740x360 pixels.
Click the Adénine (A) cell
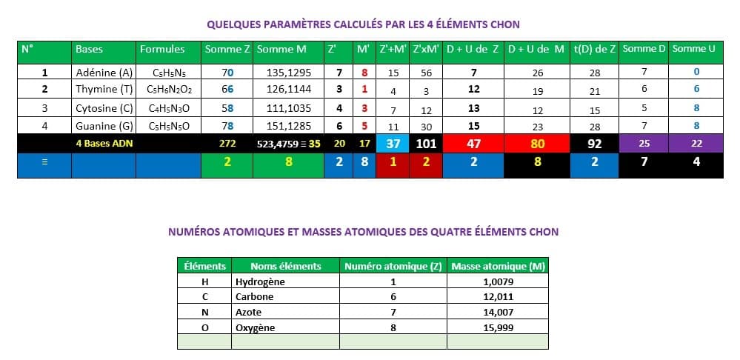pos(104,73)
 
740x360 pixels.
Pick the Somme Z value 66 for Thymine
pos(227,89)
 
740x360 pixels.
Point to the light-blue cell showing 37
pos(393,144)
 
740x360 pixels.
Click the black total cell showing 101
pos(426,144)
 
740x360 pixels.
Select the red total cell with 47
pos(474,144)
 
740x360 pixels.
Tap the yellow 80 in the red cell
pos(537,144)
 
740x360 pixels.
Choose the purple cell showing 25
pos(644,142)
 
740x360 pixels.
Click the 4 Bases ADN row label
pos(104,144)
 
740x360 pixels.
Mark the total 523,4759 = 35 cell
pos(288,144)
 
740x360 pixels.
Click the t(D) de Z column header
pos(594,49)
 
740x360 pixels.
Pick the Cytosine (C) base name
pos(104,108)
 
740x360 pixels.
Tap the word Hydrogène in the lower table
pos(260,281)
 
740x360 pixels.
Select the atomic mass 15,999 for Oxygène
pos(498,327)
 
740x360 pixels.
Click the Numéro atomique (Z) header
pos(393,266)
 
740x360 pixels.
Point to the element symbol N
pos(204,312)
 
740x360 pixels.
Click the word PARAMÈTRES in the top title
pos(282,24)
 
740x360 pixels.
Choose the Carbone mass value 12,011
pos(498,296)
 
